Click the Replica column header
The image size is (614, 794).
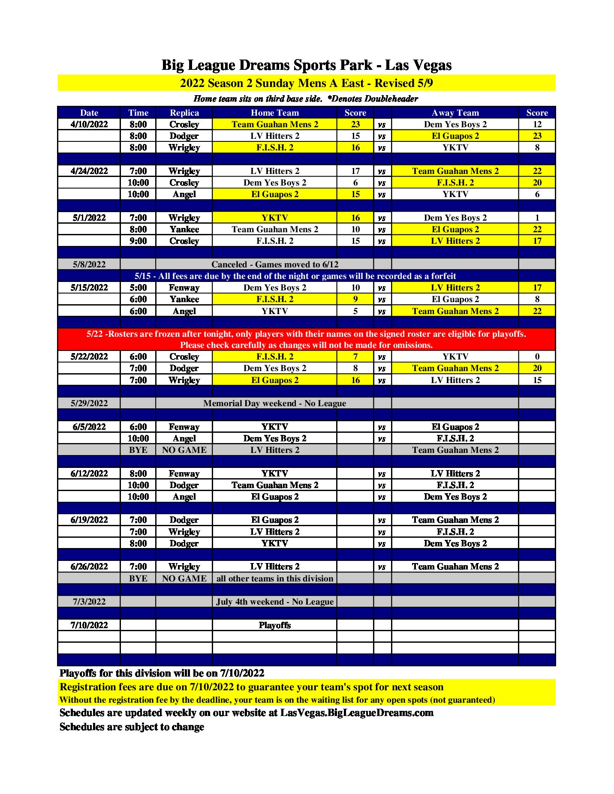tap(184, 113)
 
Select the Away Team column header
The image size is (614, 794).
tap(455, 113)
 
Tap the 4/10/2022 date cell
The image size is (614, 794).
tap(89, 124)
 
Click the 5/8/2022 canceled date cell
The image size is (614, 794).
tap(89, 264)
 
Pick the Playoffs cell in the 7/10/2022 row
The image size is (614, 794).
tap(274, 625)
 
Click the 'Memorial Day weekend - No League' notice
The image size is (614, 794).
tap(274, 403)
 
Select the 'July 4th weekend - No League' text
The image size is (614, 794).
tap(274, 602)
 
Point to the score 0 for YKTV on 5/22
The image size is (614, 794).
tap(537, 357)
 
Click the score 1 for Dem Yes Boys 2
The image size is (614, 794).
tap(537, 218)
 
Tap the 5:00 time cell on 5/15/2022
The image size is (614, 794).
tap(138, 288)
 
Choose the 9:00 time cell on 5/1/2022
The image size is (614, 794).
tap(138, 241)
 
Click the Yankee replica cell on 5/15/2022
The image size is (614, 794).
tap(184, 299)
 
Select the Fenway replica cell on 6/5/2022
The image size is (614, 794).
tap(184, 427)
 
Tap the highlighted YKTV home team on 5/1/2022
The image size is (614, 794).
tap(274, 218)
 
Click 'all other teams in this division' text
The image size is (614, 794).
tap(274, 578)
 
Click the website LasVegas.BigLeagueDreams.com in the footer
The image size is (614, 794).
tap(357, 713)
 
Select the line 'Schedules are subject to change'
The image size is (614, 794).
tap(132, 727)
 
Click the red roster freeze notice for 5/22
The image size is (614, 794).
tap(306, 339)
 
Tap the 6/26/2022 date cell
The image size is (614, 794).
tap(89, 566)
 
